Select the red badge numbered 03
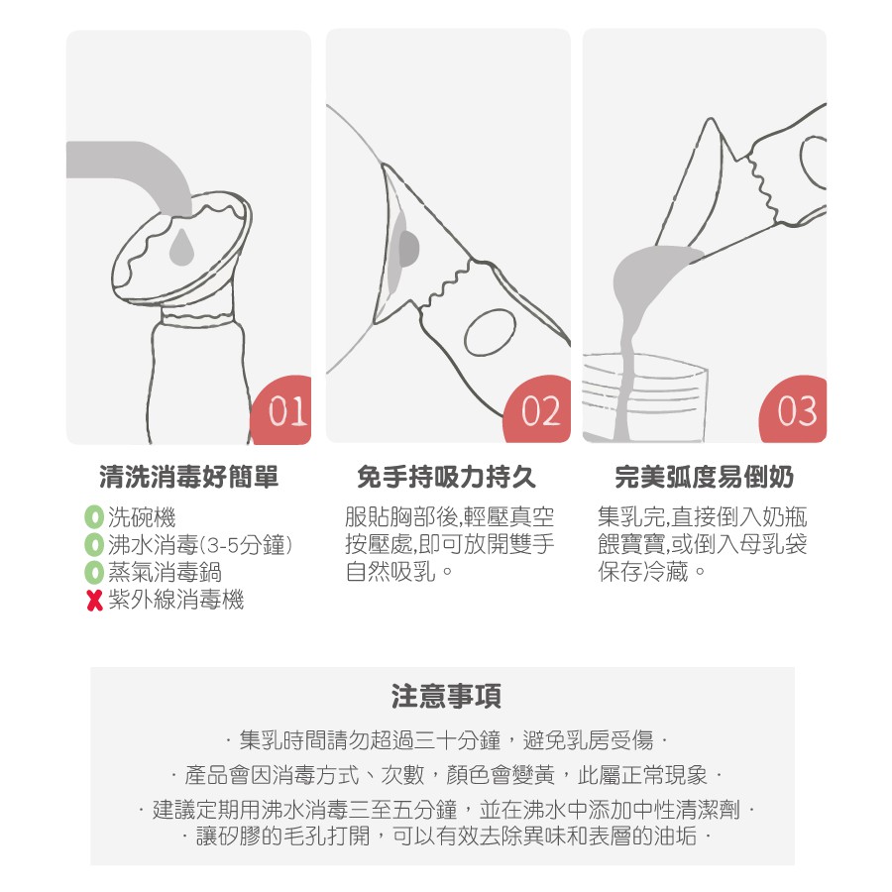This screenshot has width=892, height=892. pyautogui.click(x=795, y=410)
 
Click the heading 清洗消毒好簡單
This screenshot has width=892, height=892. pyautogui.click(x=189, y=477)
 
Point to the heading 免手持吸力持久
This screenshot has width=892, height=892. pyautogui.click(x=447, y=477)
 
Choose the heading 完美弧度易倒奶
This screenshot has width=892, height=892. pyautogui.click(x=705, y=477)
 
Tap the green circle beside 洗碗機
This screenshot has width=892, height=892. pyautogui.click(x=93, y=517)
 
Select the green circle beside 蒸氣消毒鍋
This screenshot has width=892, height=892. pyautogui.click(x=93, y=572)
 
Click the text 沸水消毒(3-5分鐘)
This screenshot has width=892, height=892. pyautogui.click(x=200, y=545)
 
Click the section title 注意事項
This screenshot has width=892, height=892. pyautogui.click(x=446, y=697)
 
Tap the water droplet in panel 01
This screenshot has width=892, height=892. pyautogui.click(x=181, y=247)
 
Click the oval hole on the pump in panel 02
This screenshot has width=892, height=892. pyautogui.click(x=490, y=332)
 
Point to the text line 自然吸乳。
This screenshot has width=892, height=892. pyautogui.click(x=399, y=572)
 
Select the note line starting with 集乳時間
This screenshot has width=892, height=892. pyautogui.click(x=446, y=740)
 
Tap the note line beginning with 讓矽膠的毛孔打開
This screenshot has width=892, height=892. pyautogui.click(x=446, y=836)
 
